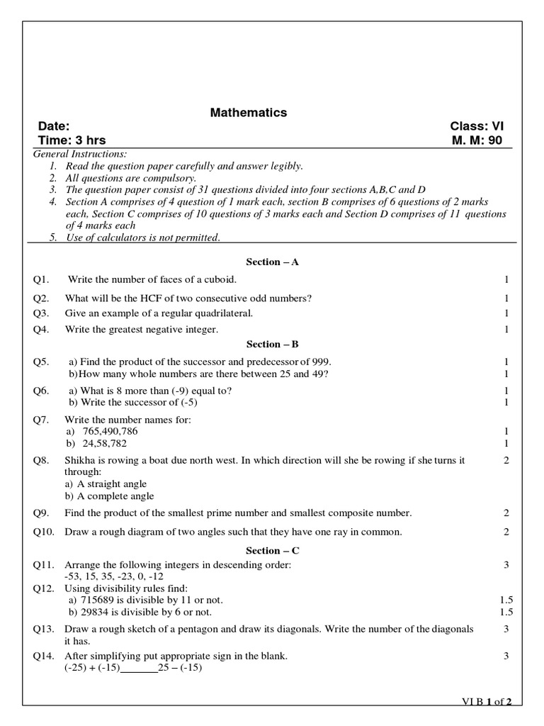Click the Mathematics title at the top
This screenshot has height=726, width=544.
point(248,113)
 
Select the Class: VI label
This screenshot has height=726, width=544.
point(476,127)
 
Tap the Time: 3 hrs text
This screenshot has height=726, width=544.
point(72,140)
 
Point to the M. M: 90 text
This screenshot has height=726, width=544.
point(477,140)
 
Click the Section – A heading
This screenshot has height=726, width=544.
point(273,262)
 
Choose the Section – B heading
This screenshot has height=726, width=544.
point(273,345)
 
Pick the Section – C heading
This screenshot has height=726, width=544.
point(273,551)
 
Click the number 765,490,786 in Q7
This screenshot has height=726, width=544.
point(110,431)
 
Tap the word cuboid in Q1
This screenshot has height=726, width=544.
point(218,280)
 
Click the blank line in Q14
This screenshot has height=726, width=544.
point(139,668)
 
